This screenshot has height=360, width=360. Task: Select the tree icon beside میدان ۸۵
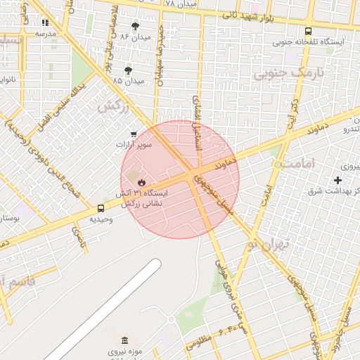coord(128,70)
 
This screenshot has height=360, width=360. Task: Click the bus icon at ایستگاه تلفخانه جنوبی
coord(308,31)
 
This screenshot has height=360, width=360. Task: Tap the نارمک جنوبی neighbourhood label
coord(280,72)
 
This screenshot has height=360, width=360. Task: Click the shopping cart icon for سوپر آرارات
coord(134,134)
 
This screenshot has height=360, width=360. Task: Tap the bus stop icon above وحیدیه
coord(101,208)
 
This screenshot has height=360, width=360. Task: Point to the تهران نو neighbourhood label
coord(263,245)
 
